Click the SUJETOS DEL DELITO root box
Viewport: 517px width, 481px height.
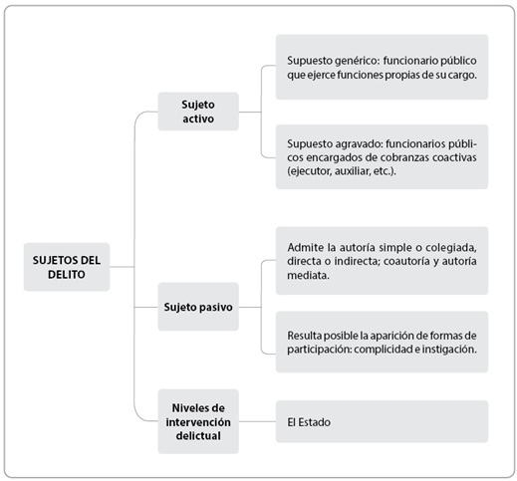point(67,267)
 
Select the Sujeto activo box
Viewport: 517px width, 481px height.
point(198,112)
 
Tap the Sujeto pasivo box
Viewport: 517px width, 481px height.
point(198,307)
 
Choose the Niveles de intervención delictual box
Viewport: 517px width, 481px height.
point(198,421)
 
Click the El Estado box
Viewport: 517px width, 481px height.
point(382,421)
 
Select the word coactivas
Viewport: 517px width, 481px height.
point(454,157)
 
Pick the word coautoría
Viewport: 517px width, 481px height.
point(406,261)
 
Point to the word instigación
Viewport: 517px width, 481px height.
point(449,350)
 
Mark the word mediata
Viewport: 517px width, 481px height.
point(308,275)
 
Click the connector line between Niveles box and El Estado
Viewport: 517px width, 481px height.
point(257,421)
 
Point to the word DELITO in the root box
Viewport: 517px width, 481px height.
point(67,275)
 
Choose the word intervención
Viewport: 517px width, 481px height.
point(198,422)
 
